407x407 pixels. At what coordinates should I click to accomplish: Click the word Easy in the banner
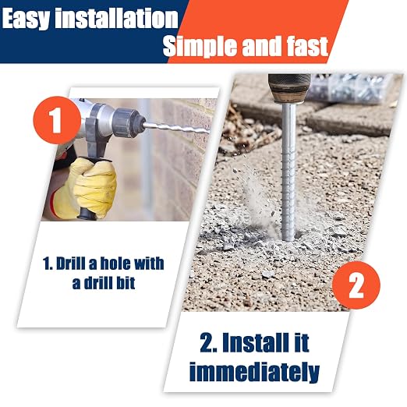tap(26, 19)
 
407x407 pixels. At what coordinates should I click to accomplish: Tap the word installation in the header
tap(116, 18)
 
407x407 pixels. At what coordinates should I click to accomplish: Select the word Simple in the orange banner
tap(200, 47)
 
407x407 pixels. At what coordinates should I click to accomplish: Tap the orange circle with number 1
tap(57, 120)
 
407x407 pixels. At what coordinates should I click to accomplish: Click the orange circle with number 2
tap(356, 285)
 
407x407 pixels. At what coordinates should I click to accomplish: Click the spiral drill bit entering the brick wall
tap(176, 128)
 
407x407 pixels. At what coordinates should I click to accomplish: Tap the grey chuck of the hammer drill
tap(127, 122)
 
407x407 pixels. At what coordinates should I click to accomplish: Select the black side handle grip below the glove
tap(87, 213)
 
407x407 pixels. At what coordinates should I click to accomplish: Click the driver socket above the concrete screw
tap(289, 87)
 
